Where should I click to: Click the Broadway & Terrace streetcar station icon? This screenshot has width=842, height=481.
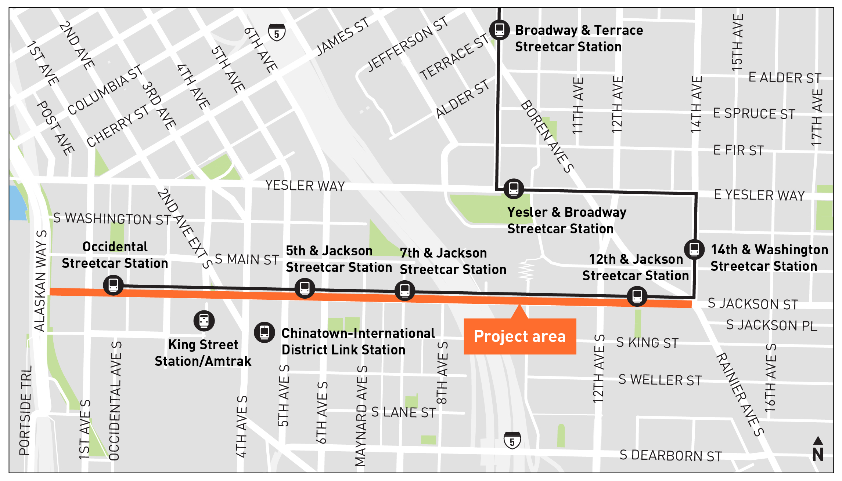point(499,30)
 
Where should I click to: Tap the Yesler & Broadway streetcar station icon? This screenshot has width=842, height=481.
point(514,189)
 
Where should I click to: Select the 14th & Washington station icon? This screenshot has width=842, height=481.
point(694,249)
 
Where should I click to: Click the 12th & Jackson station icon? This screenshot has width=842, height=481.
point(637,296)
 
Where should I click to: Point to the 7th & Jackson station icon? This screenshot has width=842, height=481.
point(405,291)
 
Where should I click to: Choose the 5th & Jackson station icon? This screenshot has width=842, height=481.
point(305,288)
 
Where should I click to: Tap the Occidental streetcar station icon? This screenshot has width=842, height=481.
point(113,285)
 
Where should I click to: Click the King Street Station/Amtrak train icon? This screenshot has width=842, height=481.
point(204,321)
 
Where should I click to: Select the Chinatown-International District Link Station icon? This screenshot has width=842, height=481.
point(265,332)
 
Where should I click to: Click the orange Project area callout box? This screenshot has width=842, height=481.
point(519,336)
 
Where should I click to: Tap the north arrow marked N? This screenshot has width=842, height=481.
point(818,449)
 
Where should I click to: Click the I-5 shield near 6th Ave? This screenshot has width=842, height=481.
point(277,33)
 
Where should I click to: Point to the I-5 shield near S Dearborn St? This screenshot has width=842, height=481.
point(512,440)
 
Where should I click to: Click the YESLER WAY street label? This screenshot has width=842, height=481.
point(305,186)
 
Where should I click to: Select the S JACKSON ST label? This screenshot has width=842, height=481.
point(753,304)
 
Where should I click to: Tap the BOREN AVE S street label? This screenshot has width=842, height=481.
point(547,136)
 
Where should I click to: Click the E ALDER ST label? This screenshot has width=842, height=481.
point(785,78)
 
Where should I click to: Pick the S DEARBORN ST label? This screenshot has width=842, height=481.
point(670,455)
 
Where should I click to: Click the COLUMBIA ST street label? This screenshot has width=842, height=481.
point(105,90)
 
